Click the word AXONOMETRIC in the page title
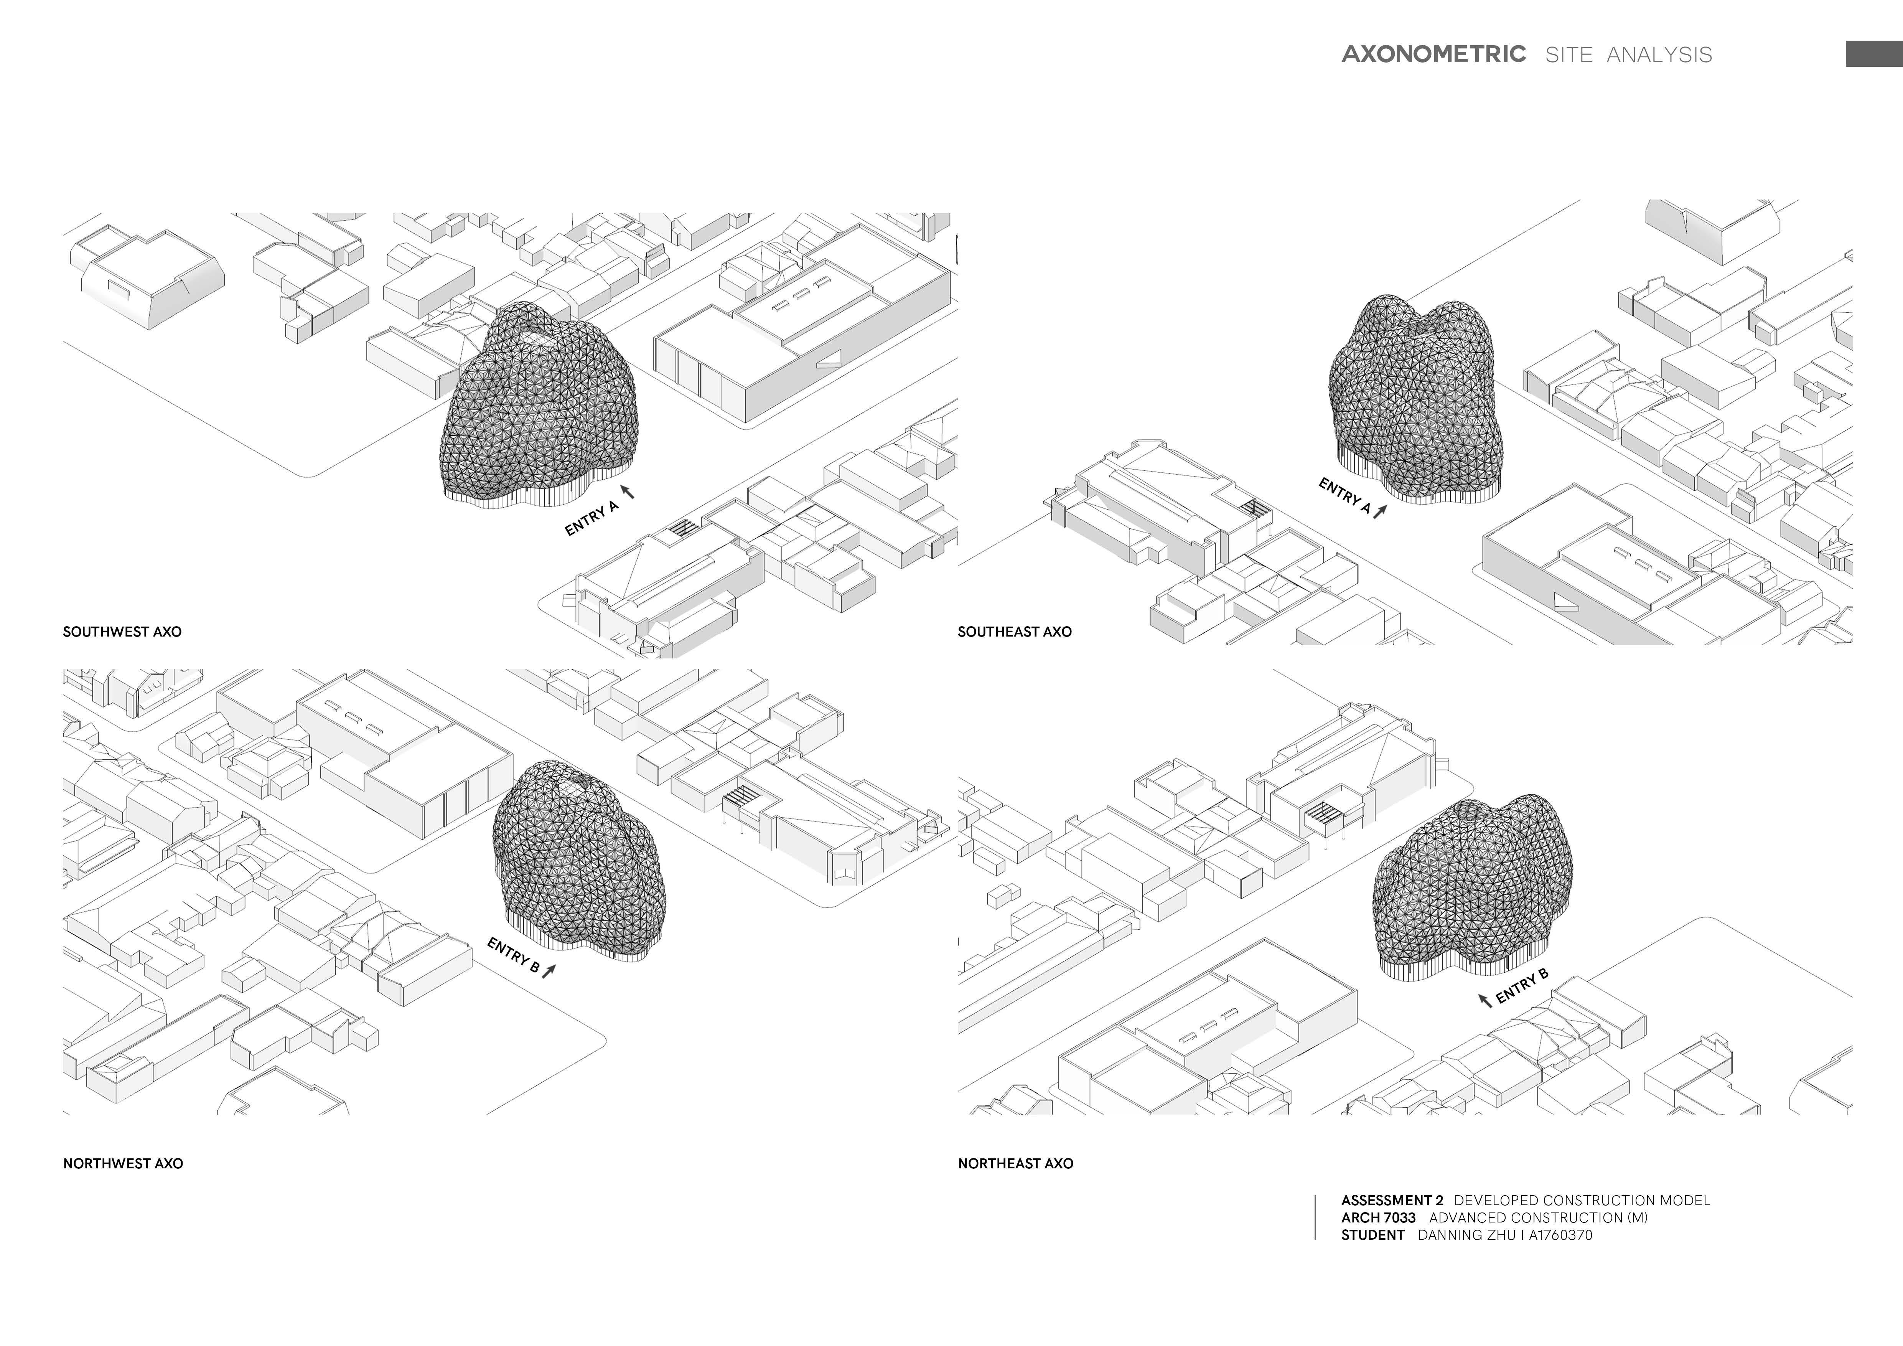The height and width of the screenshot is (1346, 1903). (x=1433, y=55)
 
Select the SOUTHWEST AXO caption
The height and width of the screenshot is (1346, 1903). (x=122, y=632)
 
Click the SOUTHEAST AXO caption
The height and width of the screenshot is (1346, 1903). (x=1015, y=632)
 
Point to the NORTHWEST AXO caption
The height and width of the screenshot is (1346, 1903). (x=123, y=1164)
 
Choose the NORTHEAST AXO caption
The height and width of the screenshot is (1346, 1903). (x=1015, y=1164)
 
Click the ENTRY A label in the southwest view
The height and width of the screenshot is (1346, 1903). (x=591, y=519)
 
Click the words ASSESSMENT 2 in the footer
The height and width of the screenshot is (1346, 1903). (x=1392, y=1200)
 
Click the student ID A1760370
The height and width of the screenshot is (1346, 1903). (x=1561, y=1235)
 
